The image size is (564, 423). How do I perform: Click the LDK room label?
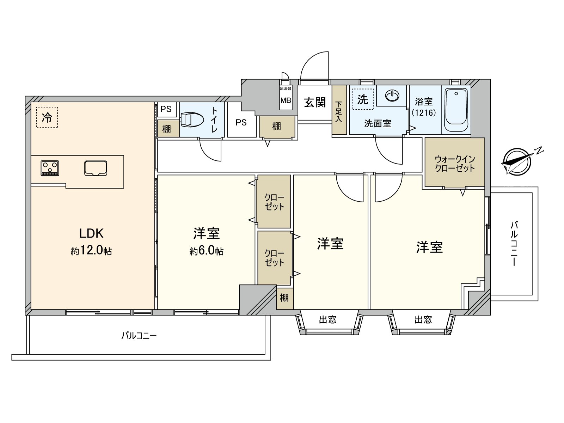pos(91,233)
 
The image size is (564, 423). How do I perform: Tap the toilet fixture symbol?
pos(192,120)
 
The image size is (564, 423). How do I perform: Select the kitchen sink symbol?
pos(96,168)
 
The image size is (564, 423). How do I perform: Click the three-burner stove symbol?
pos(50,168)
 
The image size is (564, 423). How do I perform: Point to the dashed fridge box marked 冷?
pos(47,117)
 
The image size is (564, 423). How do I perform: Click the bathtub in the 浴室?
pos(456,110)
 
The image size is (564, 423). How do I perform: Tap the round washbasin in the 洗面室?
pos(392,95)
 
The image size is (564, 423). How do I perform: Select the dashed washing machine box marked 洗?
pos(362,99)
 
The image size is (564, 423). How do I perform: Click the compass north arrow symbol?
pos(517,161)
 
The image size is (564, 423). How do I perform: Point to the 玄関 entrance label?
pos(315,102)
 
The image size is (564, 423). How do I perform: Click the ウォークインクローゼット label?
pos(455,164)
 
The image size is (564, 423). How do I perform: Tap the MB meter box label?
pos(286,100)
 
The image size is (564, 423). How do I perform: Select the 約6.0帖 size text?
pos(206,251)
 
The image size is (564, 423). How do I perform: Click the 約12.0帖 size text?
pos(91,251)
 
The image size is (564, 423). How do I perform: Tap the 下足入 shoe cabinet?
pos(339,110)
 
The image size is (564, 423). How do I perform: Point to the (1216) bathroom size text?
pos(424,113)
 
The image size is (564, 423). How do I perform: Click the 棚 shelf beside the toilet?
pos(167,129)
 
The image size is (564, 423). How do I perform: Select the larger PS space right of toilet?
pos(241,122)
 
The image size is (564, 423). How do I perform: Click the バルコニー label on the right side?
pos(514,243)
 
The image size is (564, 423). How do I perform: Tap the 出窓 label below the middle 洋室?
pos(327,320)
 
